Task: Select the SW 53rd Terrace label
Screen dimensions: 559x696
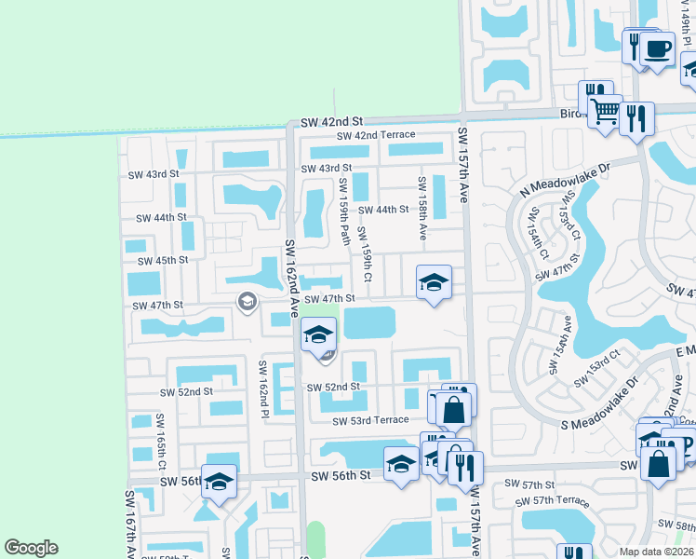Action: pos(370,421)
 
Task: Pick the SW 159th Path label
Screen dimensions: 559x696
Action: pos(343,207)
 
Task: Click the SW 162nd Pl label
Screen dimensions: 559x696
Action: pos(263,388)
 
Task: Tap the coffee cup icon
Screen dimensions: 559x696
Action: pos(658,49)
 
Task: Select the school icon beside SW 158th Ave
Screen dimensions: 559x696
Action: pos(433,282)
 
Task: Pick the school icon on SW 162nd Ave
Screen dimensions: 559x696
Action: pos(318,335)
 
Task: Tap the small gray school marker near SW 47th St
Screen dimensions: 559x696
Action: pos(247,300)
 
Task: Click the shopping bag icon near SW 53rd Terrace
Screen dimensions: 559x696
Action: pos(453,409)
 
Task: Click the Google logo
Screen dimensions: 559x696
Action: pos(32,548)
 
